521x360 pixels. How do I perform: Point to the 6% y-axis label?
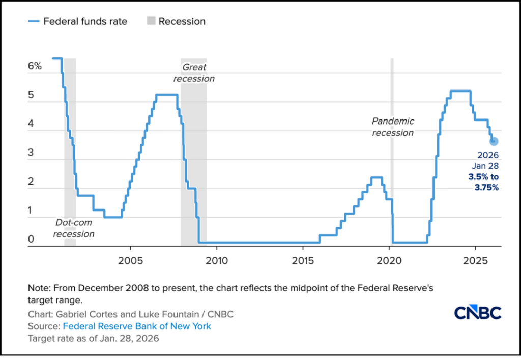(35, 66)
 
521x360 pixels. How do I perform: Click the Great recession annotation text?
(194, 73)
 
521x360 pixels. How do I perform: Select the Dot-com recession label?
(74, 228)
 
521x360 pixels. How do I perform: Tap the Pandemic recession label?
(393, 127)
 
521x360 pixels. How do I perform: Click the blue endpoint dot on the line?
(494, 141)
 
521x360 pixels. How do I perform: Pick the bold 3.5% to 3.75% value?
(483, 182)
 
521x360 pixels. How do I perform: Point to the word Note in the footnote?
(38, 288)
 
